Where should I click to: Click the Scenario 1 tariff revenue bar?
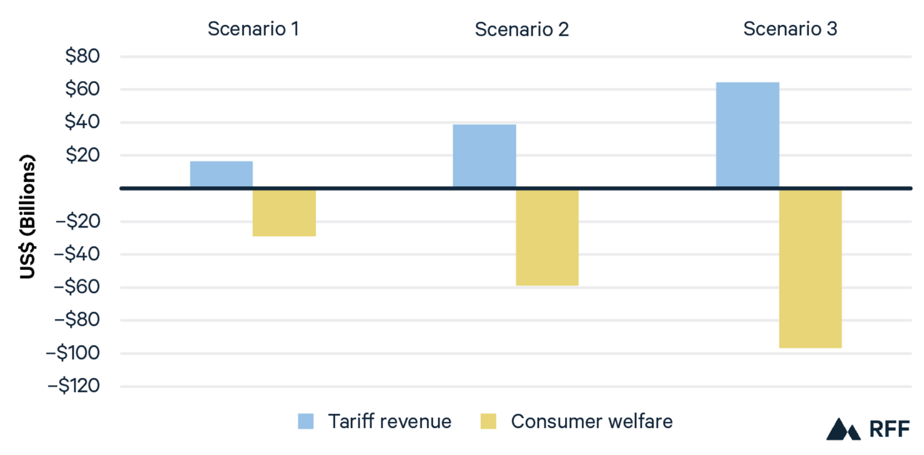click(222, 174)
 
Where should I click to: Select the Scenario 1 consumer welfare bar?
click(284, 212)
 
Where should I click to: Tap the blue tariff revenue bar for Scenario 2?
click(484, 156)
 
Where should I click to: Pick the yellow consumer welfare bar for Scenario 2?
click(548, 237)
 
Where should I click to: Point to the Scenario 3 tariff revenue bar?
click(747, 134)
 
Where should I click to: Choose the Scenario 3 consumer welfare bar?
click(810, 268)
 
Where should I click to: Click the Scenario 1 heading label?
click(253, 29)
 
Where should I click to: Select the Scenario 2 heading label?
click(521, 29)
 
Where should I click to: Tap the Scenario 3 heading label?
click(790, 29)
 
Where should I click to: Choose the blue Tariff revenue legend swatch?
click(306, 421)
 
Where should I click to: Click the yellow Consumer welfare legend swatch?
click(488, 421)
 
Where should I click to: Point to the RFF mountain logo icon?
click(843, 429)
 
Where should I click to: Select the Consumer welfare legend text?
click(592, 421)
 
